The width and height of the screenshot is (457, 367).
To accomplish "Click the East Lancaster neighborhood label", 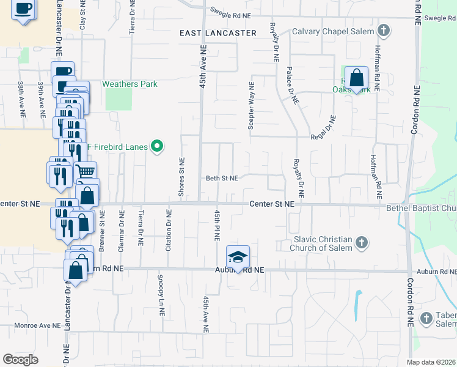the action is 218,33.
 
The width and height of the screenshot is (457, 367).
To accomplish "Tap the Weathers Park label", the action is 130,84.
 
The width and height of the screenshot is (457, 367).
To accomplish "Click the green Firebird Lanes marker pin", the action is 158,146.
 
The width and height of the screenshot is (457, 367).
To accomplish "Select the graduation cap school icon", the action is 238,256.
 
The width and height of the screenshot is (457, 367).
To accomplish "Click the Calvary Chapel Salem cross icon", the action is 383,31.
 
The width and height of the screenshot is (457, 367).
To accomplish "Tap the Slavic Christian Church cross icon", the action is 361,243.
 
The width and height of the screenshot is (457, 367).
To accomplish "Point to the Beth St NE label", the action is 221,178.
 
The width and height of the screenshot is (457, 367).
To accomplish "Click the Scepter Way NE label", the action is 250,106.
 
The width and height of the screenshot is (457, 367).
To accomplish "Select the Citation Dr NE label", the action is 169,227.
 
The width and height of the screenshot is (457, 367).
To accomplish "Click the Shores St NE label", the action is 181,177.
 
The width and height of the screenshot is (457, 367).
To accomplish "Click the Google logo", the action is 20,359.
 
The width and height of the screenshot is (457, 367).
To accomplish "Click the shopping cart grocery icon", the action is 86,172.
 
